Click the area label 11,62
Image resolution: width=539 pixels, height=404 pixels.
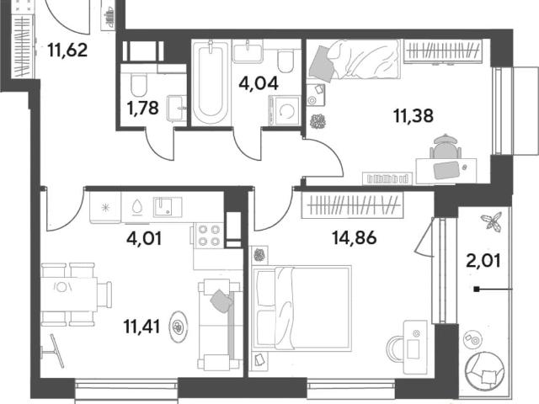pyautogui.click(x=67, y=50)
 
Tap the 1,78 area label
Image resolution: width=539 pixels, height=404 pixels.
pyautogui.click(x=142, y=109)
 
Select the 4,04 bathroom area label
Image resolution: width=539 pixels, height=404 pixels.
pyautogui.click(x=259, y=83)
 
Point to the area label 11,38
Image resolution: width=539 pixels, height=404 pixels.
pyautogui.click(x=414, y=116)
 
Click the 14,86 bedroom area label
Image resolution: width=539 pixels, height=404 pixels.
pyautogui.click(x=355, y=237)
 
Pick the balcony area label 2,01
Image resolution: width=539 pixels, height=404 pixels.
pyautogui.click(x=483, y=261)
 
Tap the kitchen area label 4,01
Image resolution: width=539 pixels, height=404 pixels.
pyautogui.click(x=144, y=239)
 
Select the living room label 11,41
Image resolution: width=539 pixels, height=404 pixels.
pyautogui.click(x=141, y=327)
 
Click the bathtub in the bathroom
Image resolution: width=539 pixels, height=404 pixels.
pyautogui.click(x=211, y=82)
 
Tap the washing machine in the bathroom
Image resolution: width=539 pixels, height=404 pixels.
pyautogui.click(x=285, y=110)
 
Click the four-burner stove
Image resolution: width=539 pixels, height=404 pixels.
pyautogui.click(x=208, y=236)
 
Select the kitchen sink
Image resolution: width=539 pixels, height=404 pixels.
pyautogui.click(x=168, y=207)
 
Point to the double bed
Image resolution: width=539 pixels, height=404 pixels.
pyautogui.click(x=302, y=308)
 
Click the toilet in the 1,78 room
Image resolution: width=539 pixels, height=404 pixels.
pyautogui.click(x=139, y=85)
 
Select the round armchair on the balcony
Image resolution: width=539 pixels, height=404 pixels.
pyautogui.click(x=483, y=369)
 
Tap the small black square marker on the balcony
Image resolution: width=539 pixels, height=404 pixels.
pyautogui.click(x=477, y=290)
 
